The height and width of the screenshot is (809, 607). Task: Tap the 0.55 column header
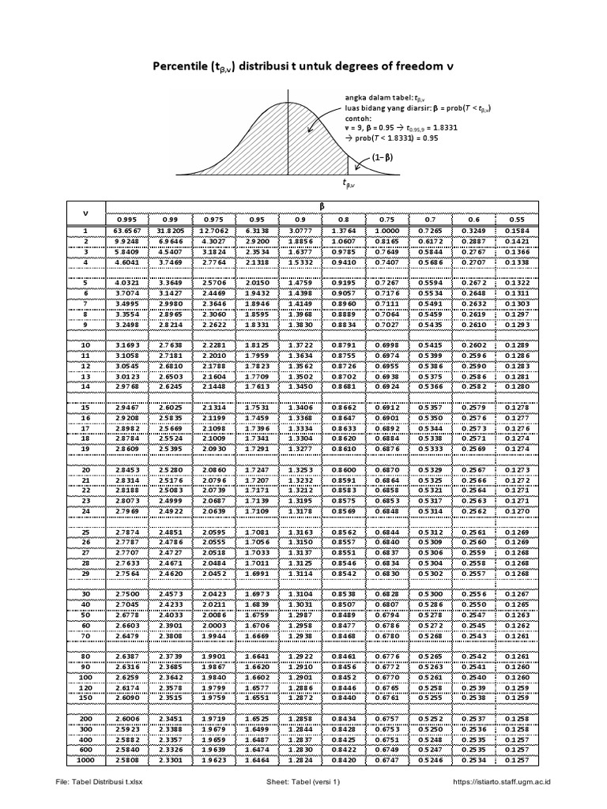point(518,219)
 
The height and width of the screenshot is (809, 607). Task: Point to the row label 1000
point(85,760)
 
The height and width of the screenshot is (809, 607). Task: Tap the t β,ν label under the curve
point(349,182)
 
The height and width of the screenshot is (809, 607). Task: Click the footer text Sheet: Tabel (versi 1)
point(303,782)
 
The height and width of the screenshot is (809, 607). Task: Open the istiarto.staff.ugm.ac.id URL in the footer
point(502,782)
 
